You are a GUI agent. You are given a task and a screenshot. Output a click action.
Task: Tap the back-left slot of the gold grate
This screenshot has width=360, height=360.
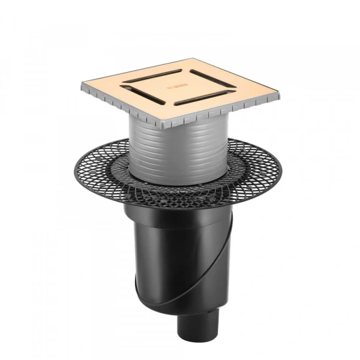155,77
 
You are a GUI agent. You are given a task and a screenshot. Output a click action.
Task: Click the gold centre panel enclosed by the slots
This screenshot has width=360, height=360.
179,88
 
